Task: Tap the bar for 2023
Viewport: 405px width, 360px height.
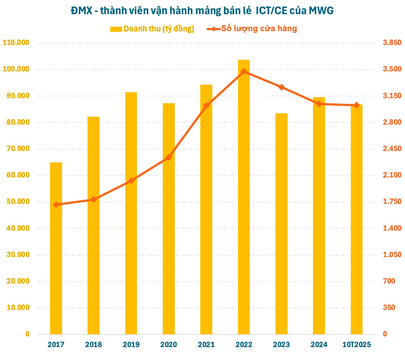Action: (281, 223)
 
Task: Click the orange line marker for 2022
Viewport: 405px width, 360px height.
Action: (244, 72)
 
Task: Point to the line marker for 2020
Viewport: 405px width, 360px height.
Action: (168, 157)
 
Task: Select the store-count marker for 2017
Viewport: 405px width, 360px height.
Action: (56, 205)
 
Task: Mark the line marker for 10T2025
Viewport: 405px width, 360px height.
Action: (357, 105)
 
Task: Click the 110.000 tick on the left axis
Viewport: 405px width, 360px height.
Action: (16, 43)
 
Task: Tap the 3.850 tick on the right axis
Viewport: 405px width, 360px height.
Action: (392, 43)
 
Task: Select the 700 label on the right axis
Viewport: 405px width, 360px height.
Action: (389, 281)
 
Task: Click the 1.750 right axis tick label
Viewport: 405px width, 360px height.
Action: (392, 202)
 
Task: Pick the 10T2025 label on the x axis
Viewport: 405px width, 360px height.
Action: (357, 345)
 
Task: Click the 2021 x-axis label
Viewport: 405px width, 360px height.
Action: (206, 345)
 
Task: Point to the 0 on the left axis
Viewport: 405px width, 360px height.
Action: (27, 334)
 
